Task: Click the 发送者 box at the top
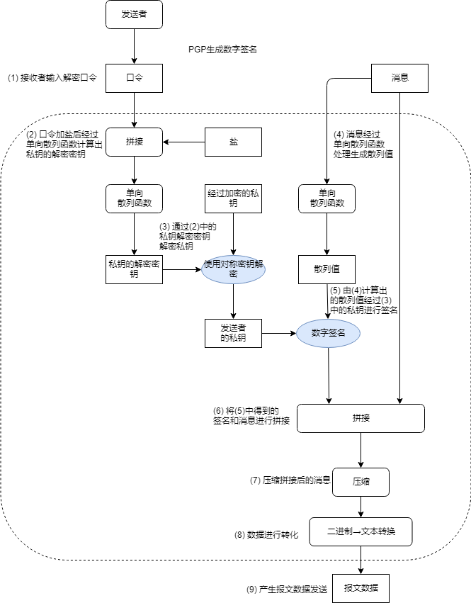(135, 14)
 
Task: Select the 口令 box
(135, 78)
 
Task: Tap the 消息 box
(400, 78)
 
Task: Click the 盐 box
(234, 142)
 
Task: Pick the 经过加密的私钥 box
(234, 198)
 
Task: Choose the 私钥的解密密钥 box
(134, 269)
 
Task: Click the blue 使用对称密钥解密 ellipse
(234, 269)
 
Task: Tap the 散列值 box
(327, 269)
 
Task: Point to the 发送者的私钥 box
(234, 333)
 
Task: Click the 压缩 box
(361, 481)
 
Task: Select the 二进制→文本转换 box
(361, 531)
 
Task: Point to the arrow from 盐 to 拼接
(184, 142)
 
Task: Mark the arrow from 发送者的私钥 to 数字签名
(279, 333)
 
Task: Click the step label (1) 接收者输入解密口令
(52, 78)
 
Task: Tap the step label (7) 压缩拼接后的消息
(290, 480)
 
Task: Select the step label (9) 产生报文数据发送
(282, 589)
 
